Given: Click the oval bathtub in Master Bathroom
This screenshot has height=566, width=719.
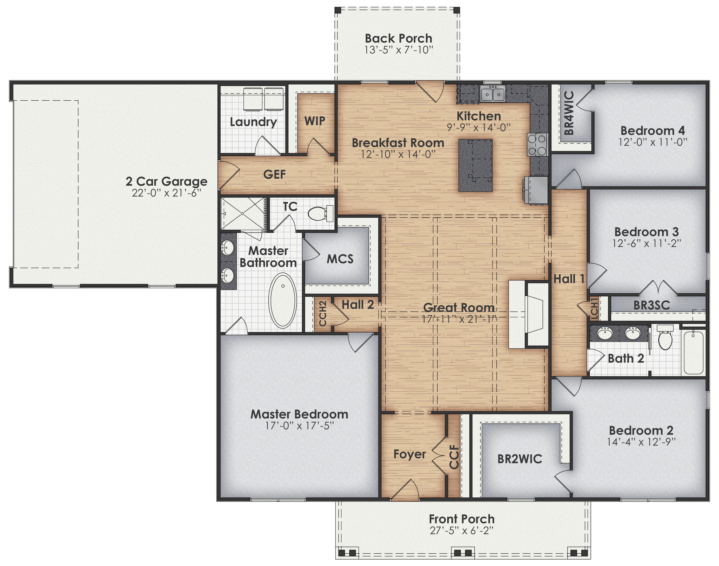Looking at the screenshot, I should coord(283,300).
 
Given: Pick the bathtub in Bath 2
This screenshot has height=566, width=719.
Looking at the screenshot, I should coord(693,352).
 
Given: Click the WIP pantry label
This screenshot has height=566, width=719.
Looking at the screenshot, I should coord(315,121).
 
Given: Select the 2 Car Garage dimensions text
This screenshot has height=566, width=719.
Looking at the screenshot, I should coord(166,193).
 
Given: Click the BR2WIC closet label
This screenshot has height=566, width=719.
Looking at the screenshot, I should coord(520,459).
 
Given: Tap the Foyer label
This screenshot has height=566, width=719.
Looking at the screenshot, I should coord(410,454).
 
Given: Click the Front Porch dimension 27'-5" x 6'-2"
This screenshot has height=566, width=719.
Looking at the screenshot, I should coord(462,531).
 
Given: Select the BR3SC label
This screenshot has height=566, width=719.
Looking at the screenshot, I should coord(651,305).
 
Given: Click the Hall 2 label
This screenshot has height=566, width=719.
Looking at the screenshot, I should coord(358,305).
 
